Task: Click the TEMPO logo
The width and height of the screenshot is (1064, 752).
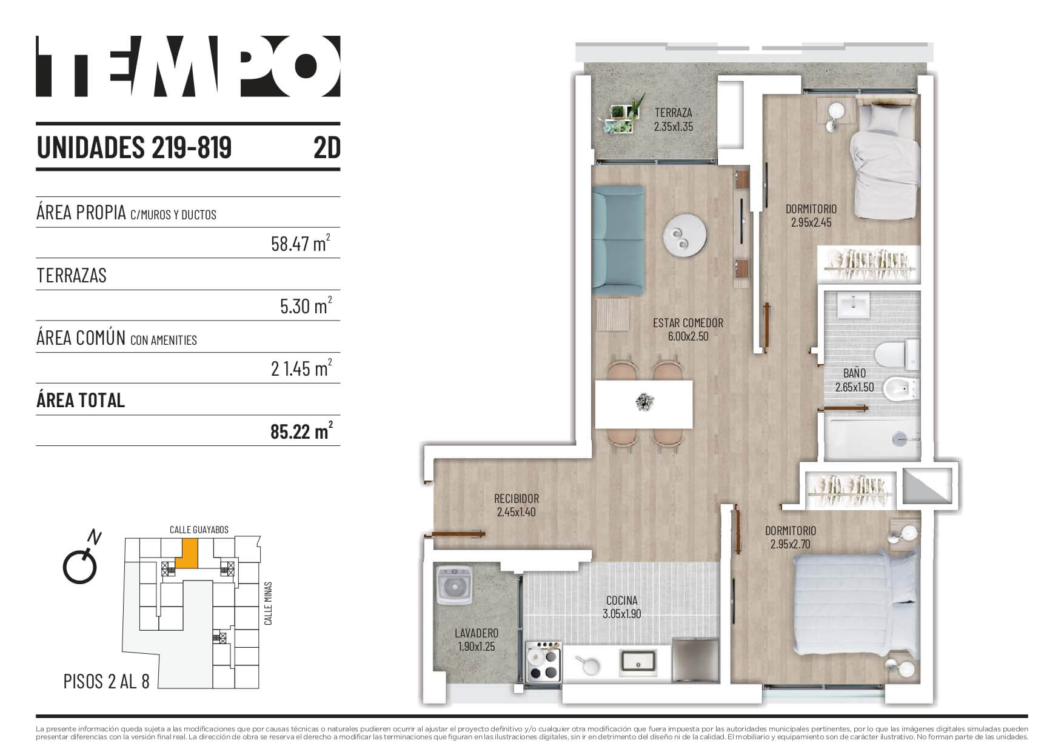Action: coord(188,66)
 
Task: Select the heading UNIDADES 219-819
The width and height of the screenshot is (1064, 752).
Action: coord(135,147)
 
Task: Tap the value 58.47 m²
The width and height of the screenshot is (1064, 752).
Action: coord(301,243)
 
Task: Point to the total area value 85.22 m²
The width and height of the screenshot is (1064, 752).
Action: coord(301,431)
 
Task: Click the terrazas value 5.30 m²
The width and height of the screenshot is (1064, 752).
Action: coord(306,305)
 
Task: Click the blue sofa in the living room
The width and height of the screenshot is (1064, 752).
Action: coord(618,241)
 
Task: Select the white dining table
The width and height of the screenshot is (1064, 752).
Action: coord(644,404)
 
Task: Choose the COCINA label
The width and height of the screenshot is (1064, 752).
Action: coord(621,601)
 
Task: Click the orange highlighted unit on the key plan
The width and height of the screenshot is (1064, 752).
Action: coord(190,553)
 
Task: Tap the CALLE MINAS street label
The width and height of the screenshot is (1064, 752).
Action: coord(268,604)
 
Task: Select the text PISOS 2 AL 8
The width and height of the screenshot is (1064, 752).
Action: coord(106,681)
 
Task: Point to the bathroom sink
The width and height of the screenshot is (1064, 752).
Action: coord(854,304)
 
